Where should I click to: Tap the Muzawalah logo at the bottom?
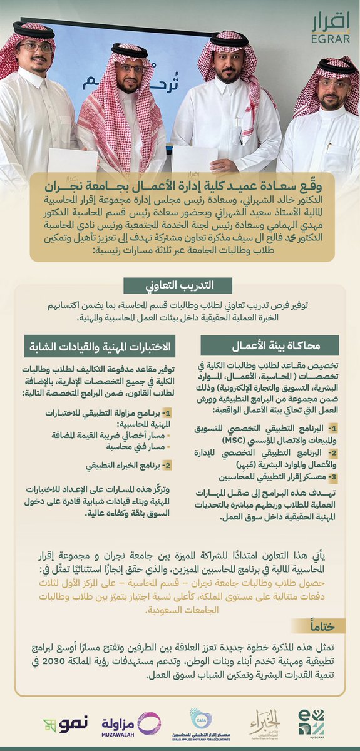131,725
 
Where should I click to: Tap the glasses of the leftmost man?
36,48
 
